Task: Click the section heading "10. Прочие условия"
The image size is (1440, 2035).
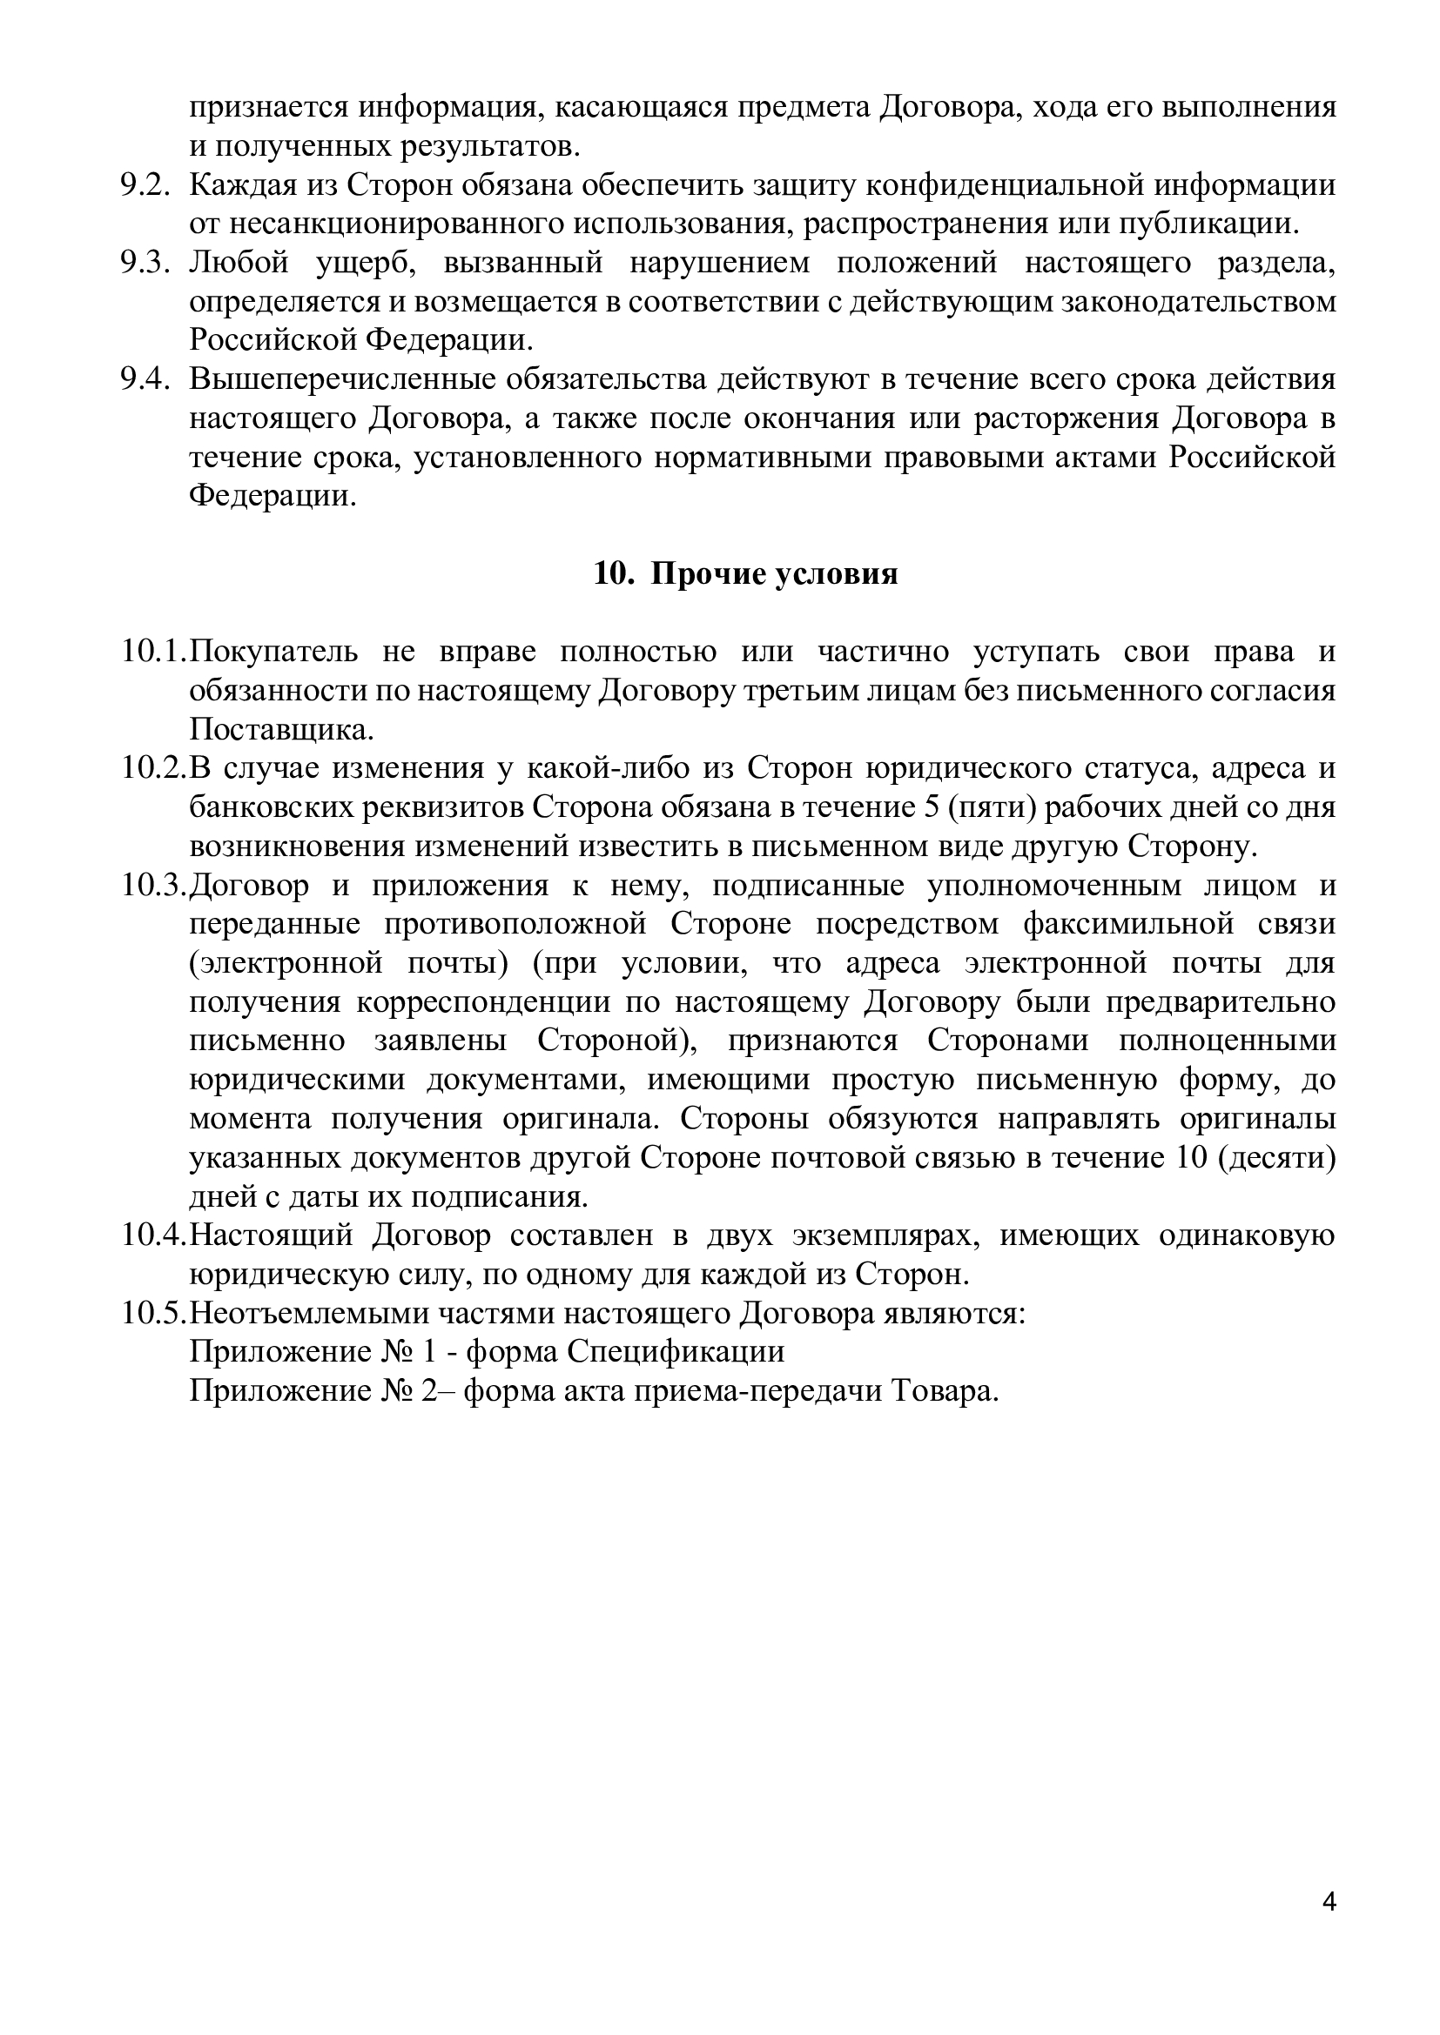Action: pos(745,574)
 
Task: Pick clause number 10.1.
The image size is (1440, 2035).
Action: pos(152,652)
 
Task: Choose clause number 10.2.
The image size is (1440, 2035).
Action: pos(152,767)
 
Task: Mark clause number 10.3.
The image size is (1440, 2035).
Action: pos(152,885)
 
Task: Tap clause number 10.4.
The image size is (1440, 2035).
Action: pos(152,1235)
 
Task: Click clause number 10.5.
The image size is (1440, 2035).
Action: pos(152,1313)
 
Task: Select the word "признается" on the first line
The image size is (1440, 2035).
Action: pos(267,107)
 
